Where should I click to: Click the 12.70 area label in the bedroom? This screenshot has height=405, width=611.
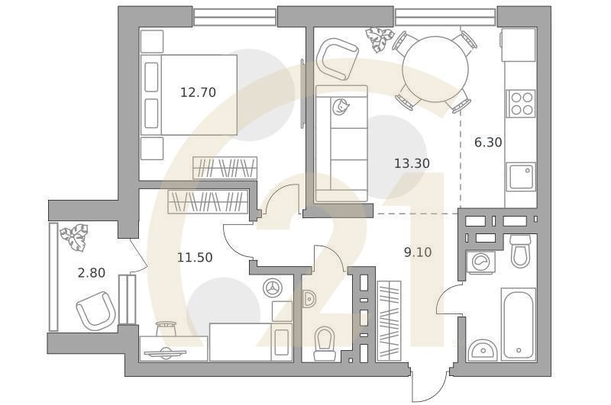point(198,92)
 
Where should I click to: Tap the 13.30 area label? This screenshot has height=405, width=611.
point(412,163)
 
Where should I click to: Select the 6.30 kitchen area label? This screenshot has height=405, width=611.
point(488,142)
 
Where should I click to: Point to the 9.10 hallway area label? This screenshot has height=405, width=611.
point(418,252)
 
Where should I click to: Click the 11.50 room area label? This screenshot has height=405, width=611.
point(195,258)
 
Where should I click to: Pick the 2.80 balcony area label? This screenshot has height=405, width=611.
point(92,273)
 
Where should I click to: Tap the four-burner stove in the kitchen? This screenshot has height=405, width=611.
point(521,103)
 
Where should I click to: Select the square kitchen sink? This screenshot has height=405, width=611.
point(521,177)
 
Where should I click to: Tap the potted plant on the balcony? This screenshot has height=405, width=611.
point(75,236)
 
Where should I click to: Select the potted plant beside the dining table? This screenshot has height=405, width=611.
point(378,38)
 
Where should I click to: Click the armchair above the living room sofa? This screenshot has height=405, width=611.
point(337,59)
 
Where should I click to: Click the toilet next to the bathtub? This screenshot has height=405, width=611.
point(520,252)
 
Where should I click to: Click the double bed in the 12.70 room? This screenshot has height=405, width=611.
point(191,95)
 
